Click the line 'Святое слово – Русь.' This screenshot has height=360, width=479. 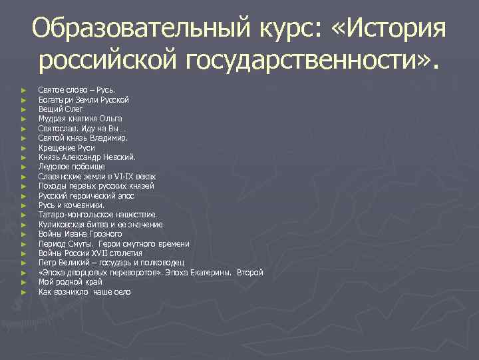point(77,90)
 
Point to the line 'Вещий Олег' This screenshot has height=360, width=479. point(59,109)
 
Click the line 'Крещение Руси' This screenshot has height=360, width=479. point(67,148)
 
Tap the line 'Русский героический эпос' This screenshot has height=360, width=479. point(86,196)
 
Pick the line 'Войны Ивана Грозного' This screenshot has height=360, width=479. point(80,234)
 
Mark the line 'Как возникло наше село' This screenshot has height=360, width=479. point(84,292)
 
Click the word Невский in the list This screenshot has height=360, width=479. point(118,157)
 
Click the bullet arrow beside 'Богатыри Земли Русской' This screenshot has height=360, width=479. point(23,100)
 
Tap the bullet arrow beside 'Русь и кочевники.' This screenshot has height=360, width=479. point(23,206)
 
